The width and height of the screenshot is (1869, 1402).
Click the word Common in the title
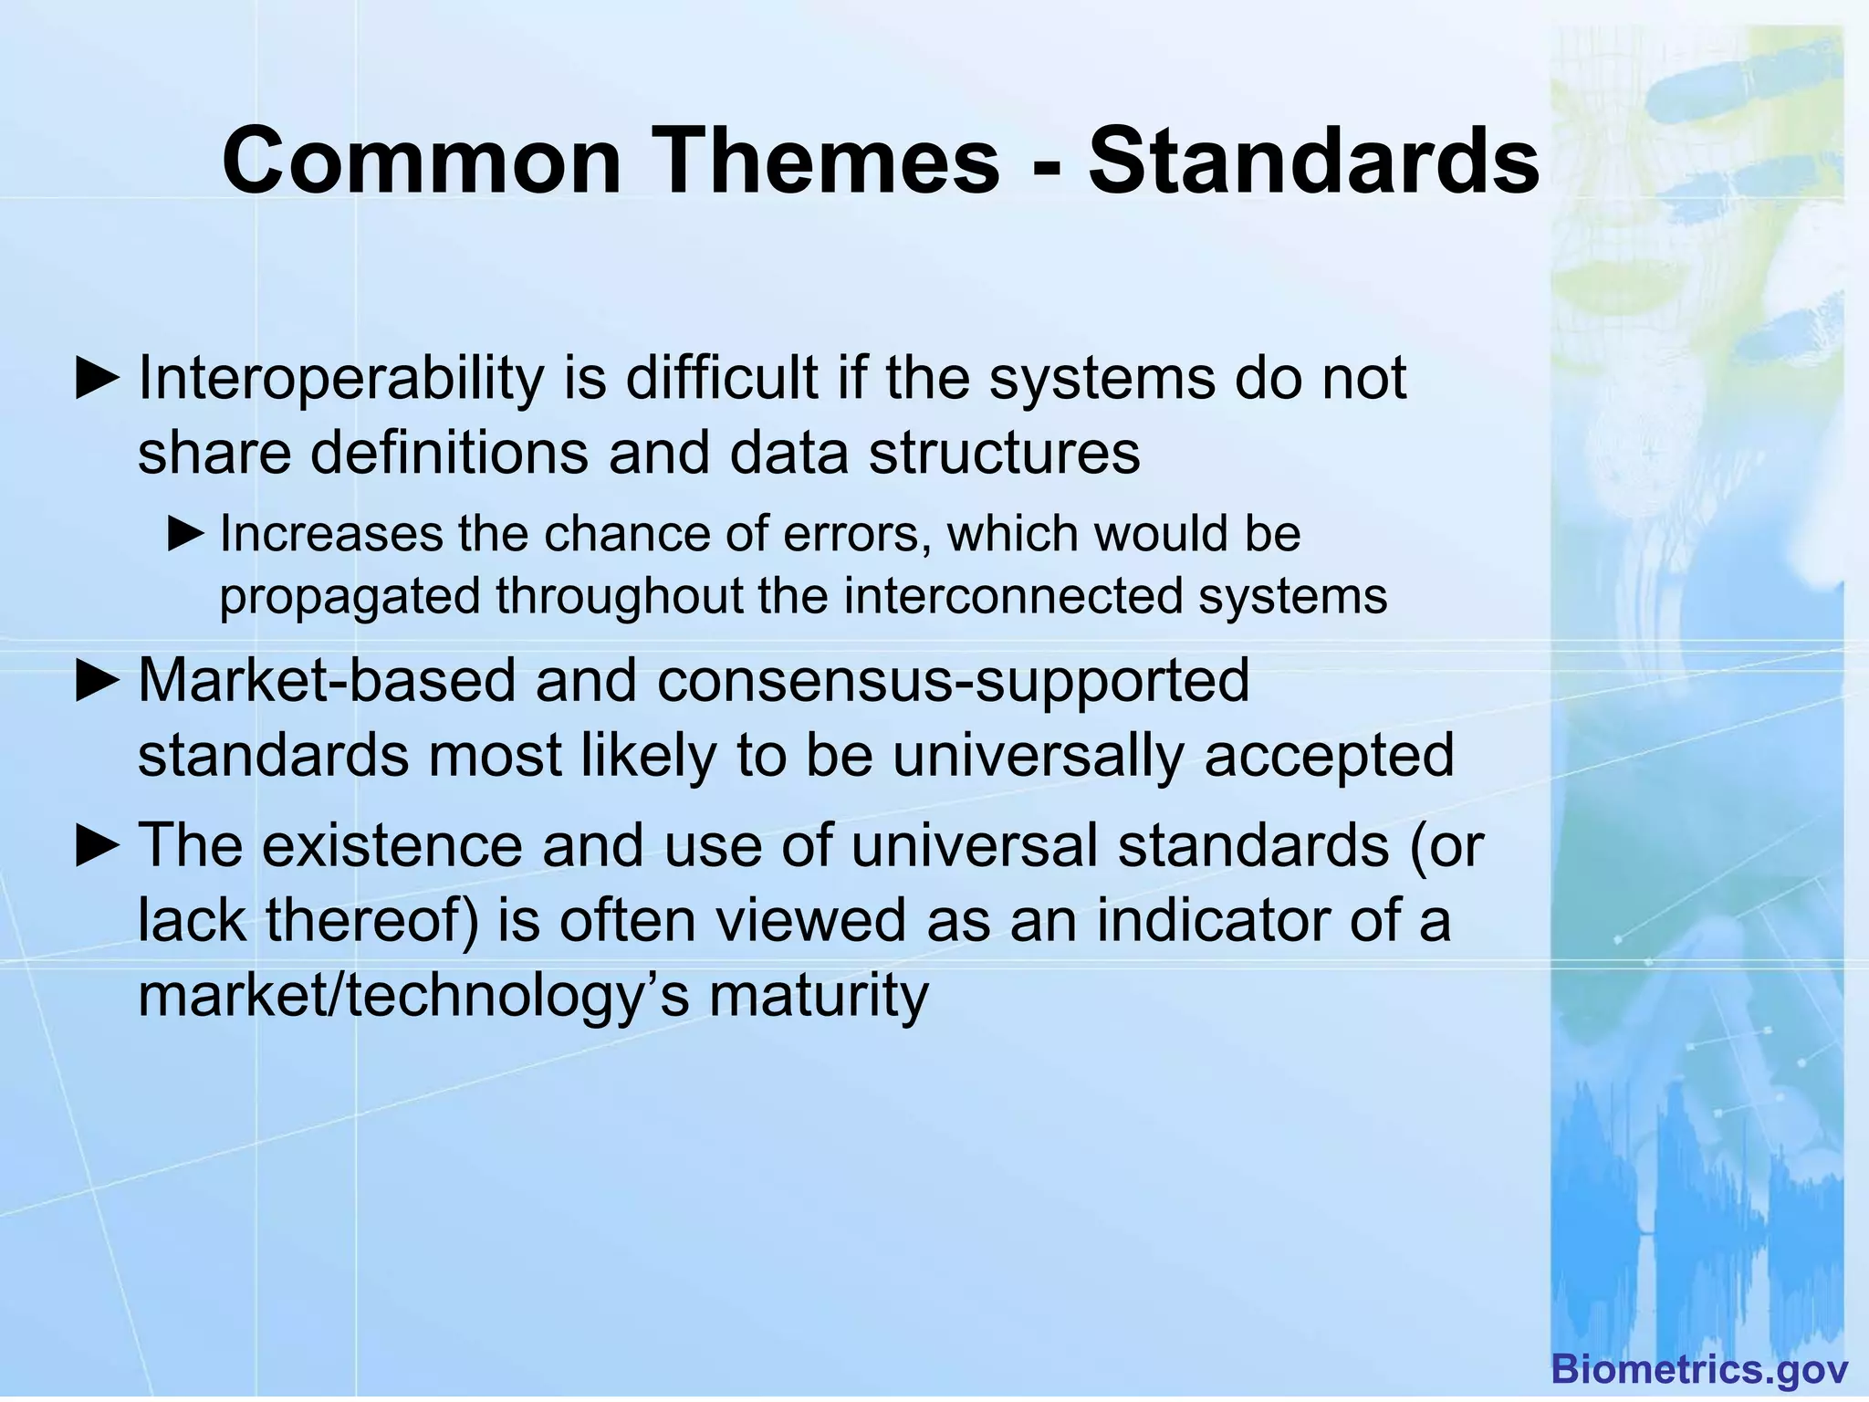click(422, 162)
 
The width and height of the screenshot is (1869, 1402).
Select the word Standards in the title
click(1313, 162)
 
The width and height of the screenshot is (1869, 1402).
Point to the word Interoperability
click(340, 378)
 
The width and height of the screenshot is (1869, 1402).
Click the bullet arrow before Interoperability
click(97, 380)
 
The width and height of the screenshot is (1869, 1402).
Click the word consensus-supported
click(953, 681)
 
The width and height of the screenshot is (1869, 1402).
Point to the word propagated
click(350, 598)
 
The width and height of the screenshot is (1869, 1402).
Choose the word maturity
click(819, 995)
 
